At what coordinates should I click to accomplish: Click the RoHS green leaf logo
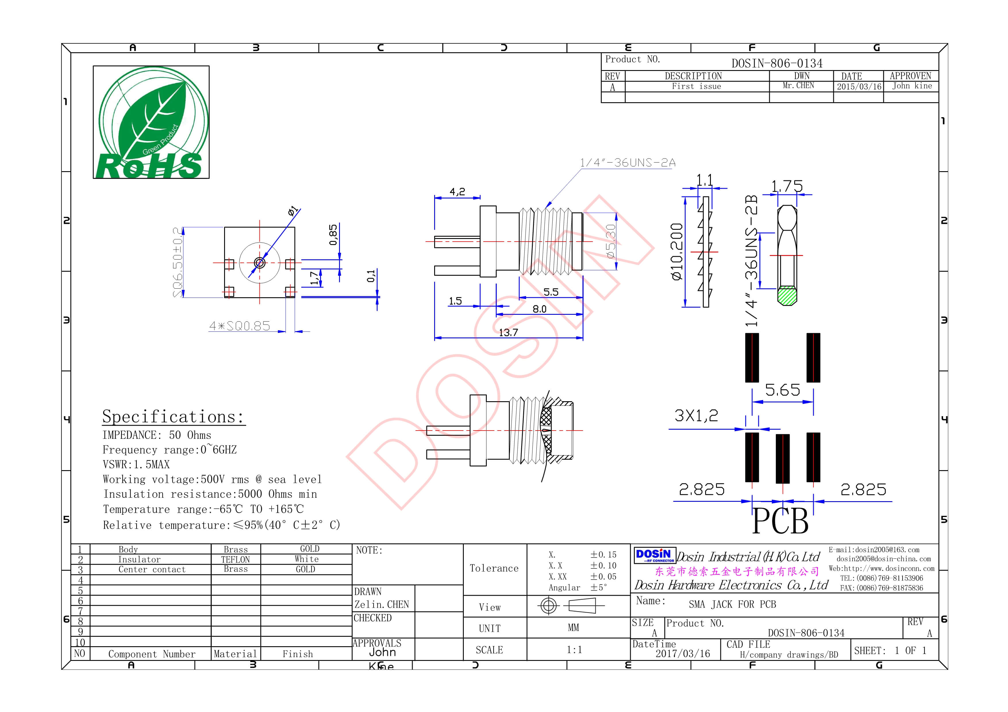151,122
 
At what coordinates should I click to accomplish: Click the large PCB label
780,522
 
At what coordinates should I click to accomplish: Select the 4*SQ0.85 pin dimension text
239,326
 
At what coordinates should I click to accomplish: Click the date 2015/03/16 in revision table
858,86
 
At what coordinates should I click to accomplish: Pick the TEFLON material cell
235,559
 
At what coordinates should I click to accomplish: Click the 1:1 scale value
574,650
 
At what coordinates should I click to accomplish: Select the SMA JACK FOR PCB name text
732,605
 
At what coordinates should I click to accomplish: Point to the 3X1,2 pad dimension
696,415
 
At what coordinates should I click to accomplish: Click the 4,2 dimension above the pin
457,191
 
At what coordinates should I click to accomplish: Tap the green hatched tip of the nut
787,295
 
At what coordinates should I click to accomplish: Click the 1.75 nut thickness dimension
787,186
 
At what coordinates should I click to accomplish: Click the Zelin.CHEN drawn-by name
382,605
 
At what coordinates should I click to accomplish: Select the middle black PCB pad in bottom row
782,458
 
